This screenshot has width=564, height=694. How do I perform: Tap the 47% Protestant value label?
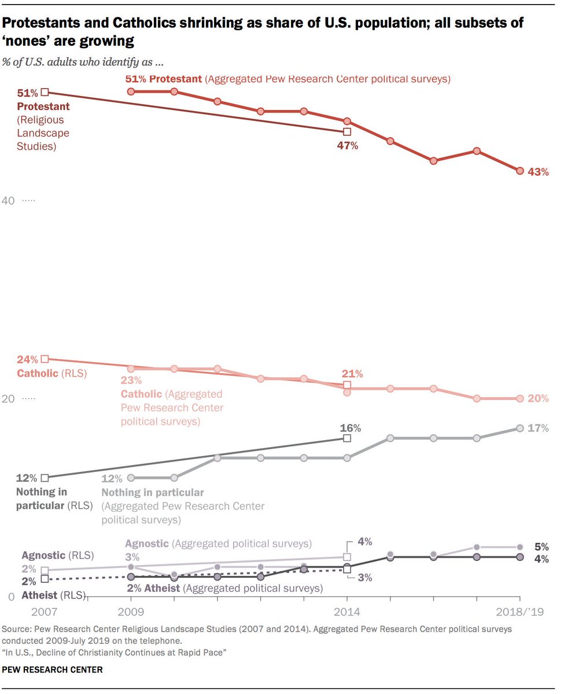point(348,146)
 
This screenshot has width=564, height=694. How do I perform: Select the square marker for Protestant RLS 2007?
point(45,91)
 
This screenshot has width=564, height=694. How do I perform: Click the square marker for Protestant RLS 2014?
point(347,131)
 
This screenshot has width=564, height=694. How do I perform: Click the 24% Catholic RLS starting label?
point(27,360)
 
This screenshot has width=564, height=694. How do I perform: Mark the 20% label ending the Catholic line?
point(538,398)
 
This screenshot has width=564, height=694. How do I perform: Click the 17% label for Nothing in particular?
point(538,429)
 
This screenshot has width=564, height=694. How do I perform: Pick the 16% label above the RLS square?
point(350,428)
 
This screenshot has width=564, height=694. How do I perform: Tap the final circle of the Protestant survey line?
point(519,171)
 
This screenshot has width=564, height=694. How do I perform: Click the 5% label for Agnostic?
point(541,547)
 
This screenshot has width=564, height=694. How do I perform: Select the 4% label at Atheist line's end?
point(541,559)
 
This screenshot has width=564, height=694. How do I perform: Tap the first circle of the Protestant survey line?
point(131,91)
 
